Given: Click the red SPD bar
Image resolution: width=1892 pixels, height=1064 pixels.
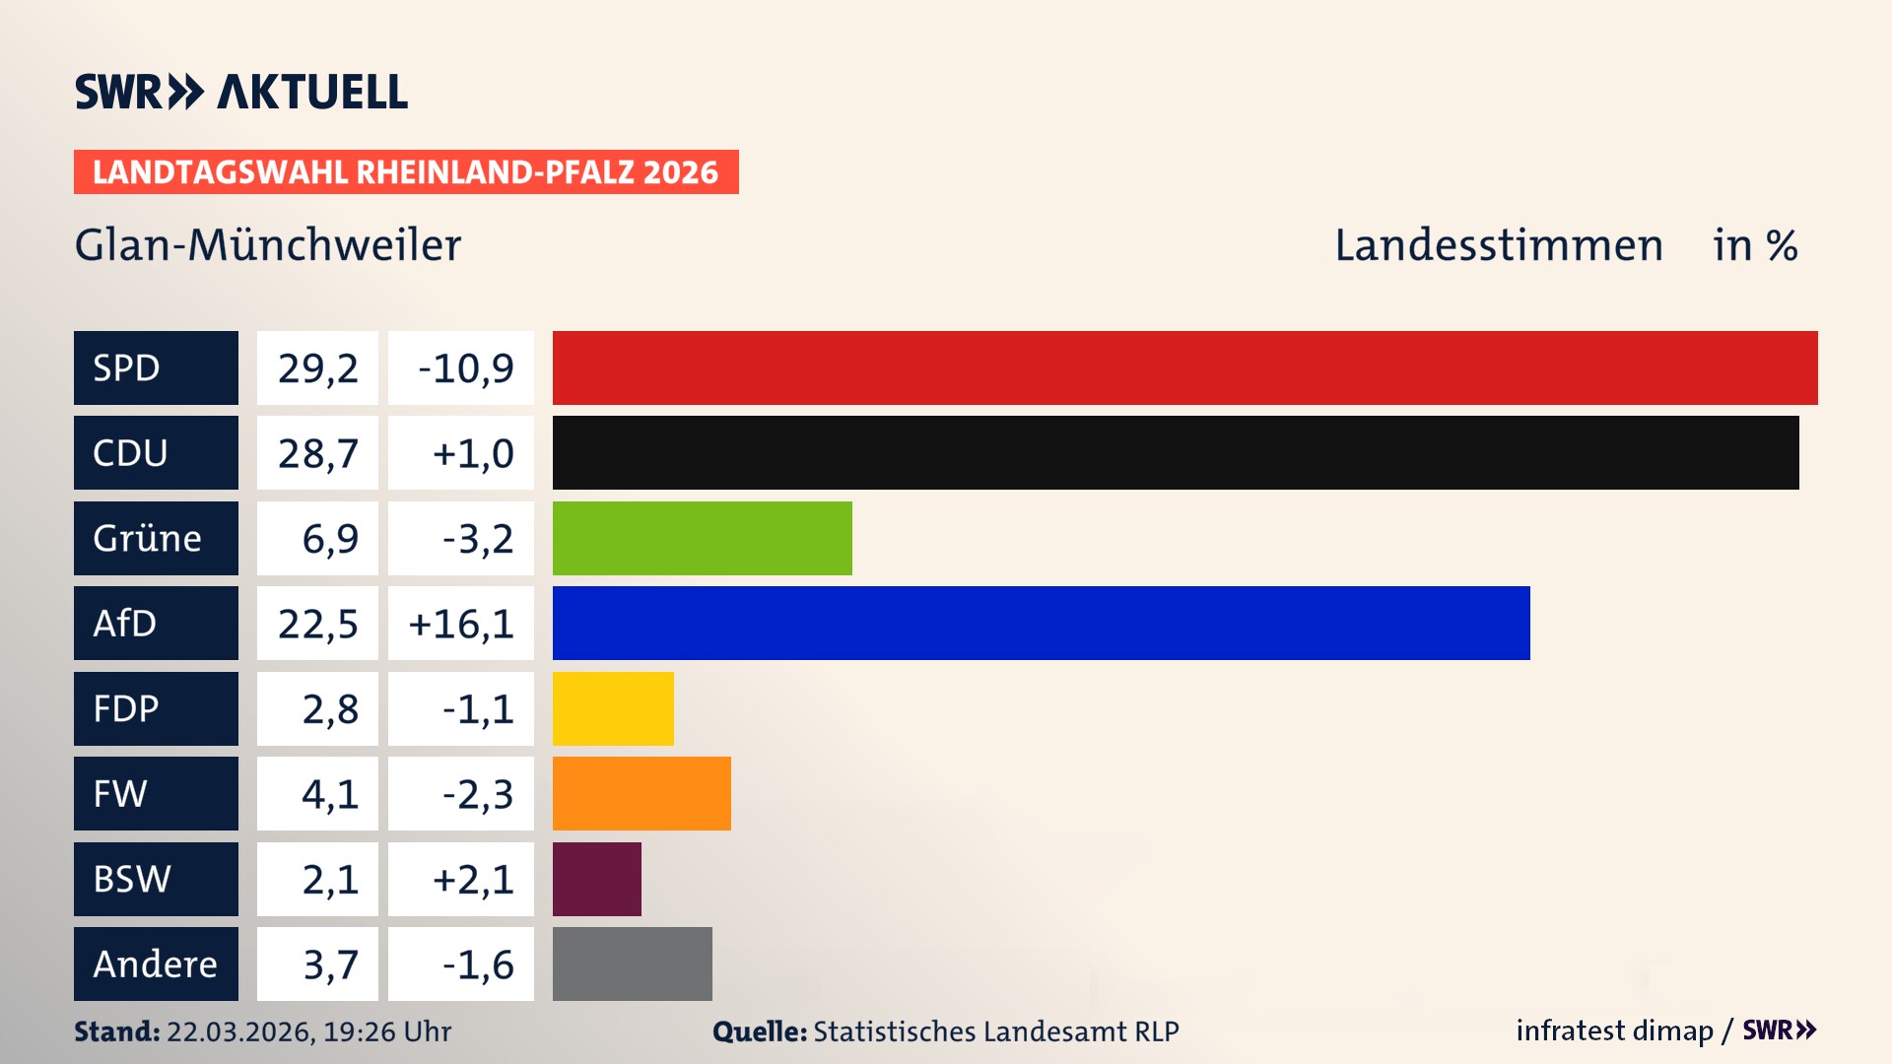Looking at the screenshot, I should [x=1184, y=367].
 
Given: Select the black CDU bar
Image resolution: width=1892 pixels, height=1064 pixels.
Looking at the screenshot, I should [x=1176, y=452].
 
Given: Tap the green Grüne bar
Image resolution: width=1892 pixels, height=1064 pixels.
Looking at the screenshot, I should [x=702, y=538].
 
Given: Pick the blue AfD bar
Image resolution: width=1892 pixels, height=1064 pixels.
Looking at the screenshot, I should [x=1041, y=623].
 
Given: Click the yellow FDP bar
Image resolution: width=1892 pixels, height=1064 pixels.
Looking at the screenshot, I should [x=613, y=708].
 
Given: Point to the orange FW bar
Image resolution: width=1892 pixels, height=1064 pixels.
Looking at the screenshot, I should [x=642, y=793].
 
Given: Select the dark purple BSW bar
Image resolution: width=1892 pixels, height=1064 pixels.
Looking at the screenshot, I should [x=596, y=879].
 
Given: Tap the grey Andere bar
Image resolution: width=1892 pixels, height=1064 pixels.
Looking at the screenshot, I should [x=632, y=964].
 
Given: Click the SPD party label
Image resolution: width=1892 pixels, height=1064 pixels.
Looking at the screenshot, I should [x=156, y=367].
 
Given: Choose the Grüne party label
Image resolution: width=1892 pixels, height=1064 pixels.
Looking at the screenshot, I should [x=156, y=538].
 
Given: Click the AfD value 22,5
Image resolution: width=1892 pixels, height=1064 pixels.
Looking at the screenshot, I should [x=317, y=623].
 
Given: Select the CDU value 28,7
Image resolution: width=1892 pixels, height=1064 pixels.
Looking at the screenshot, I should [x=317, y=452].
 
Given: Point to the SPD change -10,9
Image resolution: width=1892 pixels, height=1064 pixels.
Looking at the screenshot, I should [x=461, y=367].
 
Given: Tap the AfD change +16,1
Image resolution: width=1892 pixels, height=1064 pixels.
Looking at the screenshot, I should [x=461, y=623].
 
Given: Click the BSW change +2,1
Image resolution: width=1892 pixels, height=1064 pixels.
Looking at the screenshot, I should [x=461, y=879].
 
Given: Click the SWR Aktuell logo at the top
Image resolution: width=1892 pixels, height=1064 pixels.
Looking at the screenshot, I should [x=240, y=92].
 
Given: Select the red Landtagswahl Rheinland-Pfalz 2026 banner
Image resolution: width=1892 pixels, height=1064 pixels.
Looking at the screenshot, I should [x=406, y=171].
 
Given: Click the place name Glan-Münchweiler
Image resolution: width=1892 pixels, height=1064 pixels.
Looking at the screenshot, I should [x=268, y=245].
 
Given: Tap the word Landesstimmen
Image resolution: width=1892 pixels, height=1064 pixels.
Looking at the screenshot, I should [x=1498, y=245].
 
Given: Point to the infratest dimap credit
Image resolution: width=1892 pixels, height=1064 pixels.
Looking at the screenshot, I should [x=1614, y=1031].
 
